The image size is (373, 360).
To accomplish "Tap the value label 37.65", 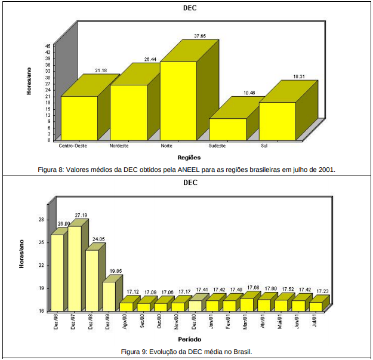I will (x=200, y=36).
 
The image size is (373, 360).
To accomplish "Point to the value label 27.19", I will (x=81, y=215).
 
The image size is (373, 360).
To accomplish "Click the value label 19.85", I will (x=115, y=271).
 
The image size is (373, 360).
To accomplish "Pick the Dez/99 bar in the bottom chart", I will (x=109, y=296).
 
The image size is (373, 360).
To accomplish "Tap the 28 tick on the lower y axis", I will (x=41, y=220).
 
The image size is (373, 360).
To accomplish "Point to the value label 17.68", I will (x=253, y=288).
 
